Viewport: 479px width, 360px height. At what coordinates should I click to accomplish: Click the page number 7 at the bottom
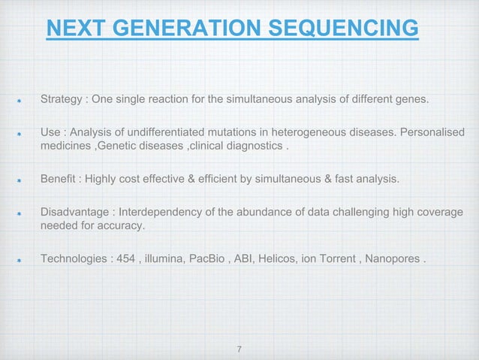coord(239,349)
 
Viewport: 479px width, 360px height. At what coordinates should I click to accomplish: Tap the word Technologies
coord(74,260)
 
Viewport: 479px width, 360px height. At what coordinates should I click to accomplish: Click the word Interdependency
coord(159,213)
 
